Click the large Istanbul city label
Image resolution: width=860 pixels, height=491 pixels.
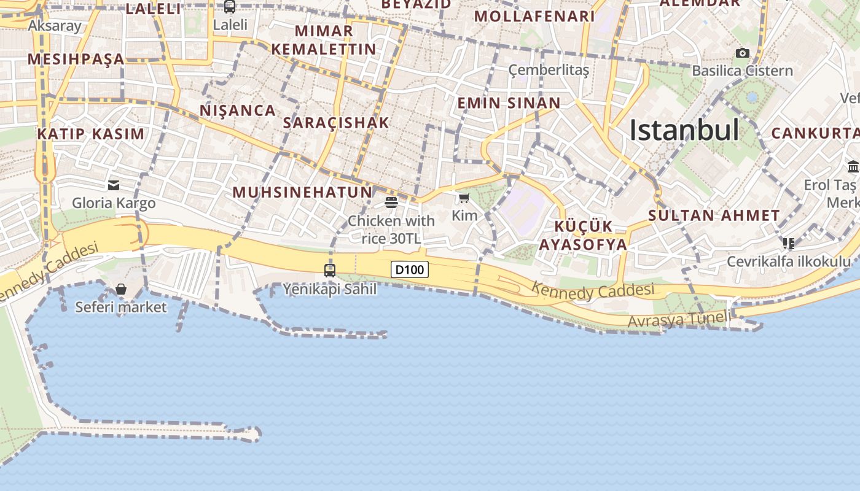click(684, 130)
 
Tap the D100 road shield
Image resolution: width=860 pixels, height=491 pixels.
click(409, 269)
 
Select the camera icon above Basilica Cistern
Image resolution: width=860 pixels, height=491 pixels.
click(743, 53)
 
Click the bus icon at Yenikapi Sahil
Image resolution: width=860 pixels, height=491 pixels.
click(330, 270)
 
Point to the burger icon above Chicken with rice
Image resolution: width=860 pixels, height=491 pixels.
click(391, 202)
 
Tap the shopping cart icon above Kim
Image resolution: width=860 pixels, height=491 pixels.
click(464, 198)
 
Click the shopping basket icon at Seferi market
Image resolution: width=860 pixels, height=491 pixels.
click(121, 288)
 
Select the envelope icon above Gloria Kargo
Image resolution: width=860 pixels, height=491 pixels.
click(114, 185)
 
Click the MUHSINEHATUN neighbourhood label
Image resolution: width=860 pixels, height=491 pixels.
click(302, 192)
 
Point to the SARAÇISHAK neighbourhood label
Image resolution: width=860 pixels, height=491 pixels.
click(336, 123)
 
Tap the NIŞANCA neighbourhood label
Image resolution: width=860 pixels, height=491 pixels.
click(237, 110)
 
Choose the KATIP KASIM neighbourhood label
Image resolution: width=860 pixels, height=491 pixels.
click(91, 134)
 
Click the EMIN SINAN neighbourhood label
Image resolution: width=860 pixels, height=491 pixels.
click(509, 103)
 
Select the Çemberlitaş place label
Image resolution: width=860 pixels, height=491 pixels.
click(549, 71)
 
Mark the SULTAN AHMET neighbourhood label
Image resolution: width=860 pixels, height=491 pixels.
click(714, 215)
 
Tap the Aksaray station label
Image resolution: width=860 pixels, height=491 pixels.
click(55, 25)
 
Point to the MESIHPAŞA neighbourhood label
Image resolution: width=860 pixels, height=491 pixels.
click(76, 59)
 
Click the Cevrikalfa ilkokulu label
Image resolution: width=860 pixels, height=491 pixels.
click(789, 261)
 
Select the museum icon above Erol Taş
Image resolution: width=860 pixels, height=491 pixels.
click(853, 166)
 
